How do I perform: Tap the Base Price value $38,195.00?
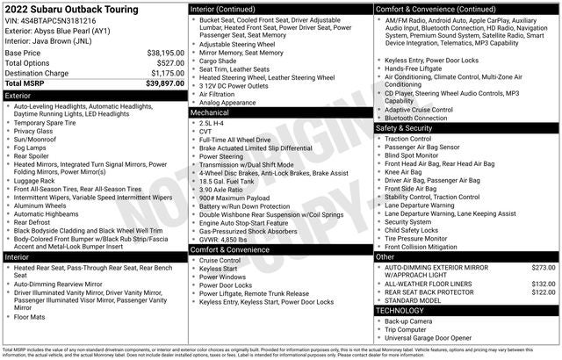point(164,53)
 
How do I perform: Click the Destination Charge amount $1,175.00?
point(166,73)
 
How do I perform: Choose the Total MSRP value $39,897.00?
point(164,83)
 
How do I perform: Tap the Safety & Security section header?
point(466,128)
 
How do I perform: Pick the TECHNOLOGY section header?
point(466,310)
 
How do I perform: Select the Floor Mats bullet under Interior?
point(32,316)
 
